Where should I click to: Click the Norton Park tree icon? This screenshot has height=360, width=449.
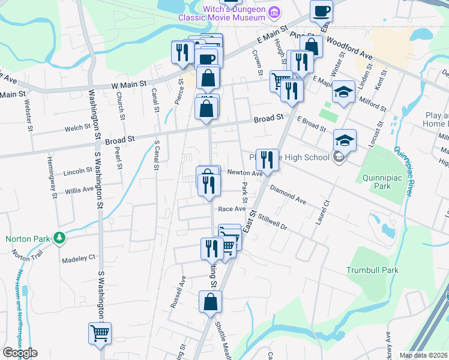(59, 238)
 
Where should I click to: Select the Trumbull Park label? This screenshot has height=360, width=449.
(372, 270)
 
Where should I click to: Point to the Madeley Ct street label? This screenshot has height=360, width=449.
(79, 259)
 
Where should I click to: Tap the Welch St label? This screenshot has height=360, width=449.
(77, 128)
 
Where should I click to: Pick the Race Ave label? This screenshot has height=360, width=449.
(232, 209)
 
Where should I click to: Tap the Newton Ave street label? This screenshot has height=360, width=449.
(245, 173)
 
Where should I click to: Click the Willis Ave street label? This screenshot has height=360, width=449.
(80, 190)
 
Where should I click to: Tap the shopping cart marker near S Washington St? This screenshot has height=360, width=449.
(100, 334)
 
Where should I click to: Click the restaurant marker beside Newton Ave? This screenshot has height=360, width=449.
(267, 160)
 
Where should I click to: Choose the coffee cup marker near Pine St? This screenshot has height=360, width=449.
(321, 11)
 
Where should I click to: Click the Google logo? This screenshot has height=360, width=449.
(20, 353)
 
